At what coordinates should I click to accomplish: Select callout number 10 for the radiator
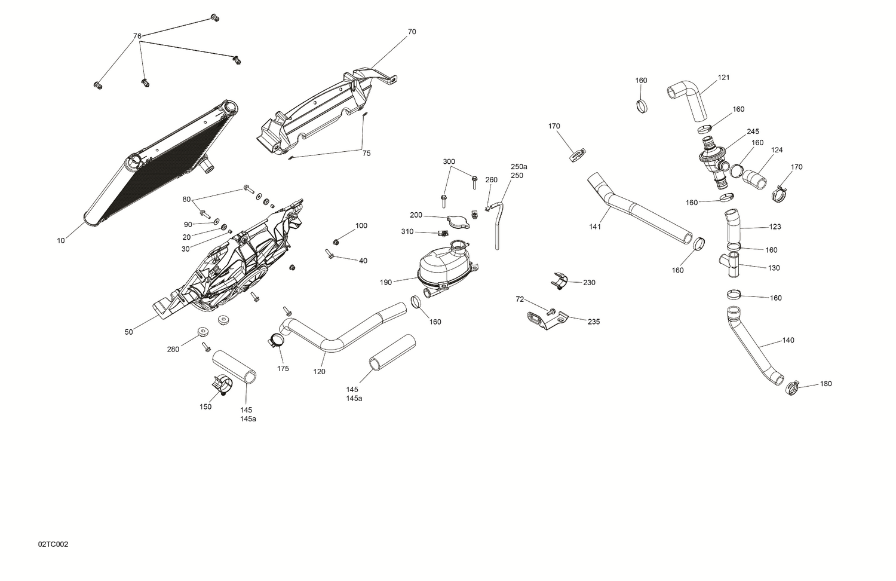point(61,241)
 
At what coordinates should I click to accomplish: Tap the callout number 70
point(412,32)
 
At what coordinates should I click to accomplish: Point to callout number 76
point(137,36)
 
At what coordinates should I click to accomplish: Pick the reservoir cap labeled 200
point(458,221)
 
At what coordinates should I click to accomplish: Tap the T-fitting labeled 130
point(732,264)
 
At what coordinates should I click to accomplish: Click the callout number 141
point(595,227)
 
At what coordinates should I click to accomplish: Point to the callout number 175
point(283,369)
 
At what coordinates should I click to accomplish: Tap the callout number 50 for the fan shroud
point(129,332)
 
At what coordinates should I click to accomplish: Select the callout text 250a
point(518,167)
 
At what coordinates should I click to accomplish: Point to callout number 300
point(449,162)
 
